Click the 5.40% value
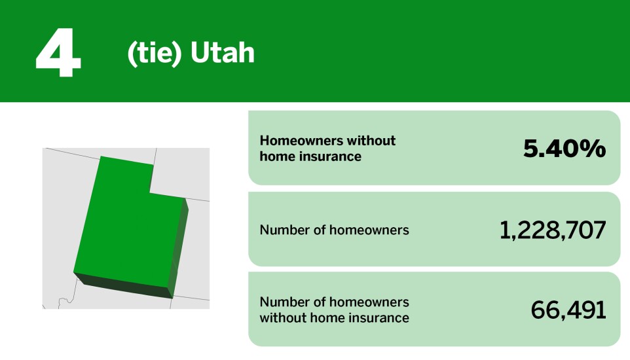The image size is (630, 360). [564, 149]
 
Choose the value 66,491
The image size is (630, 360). [568, 310]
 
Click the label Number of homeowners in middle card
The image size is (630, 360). [334, 230]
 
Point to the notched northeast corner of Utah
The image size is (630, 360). [152, 191]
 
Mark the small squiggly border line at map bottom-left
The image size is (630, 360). [64, 302]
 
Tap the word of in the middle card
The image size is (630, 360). [320, 230]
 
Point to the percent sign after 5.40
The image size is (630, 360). [593, 149]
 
